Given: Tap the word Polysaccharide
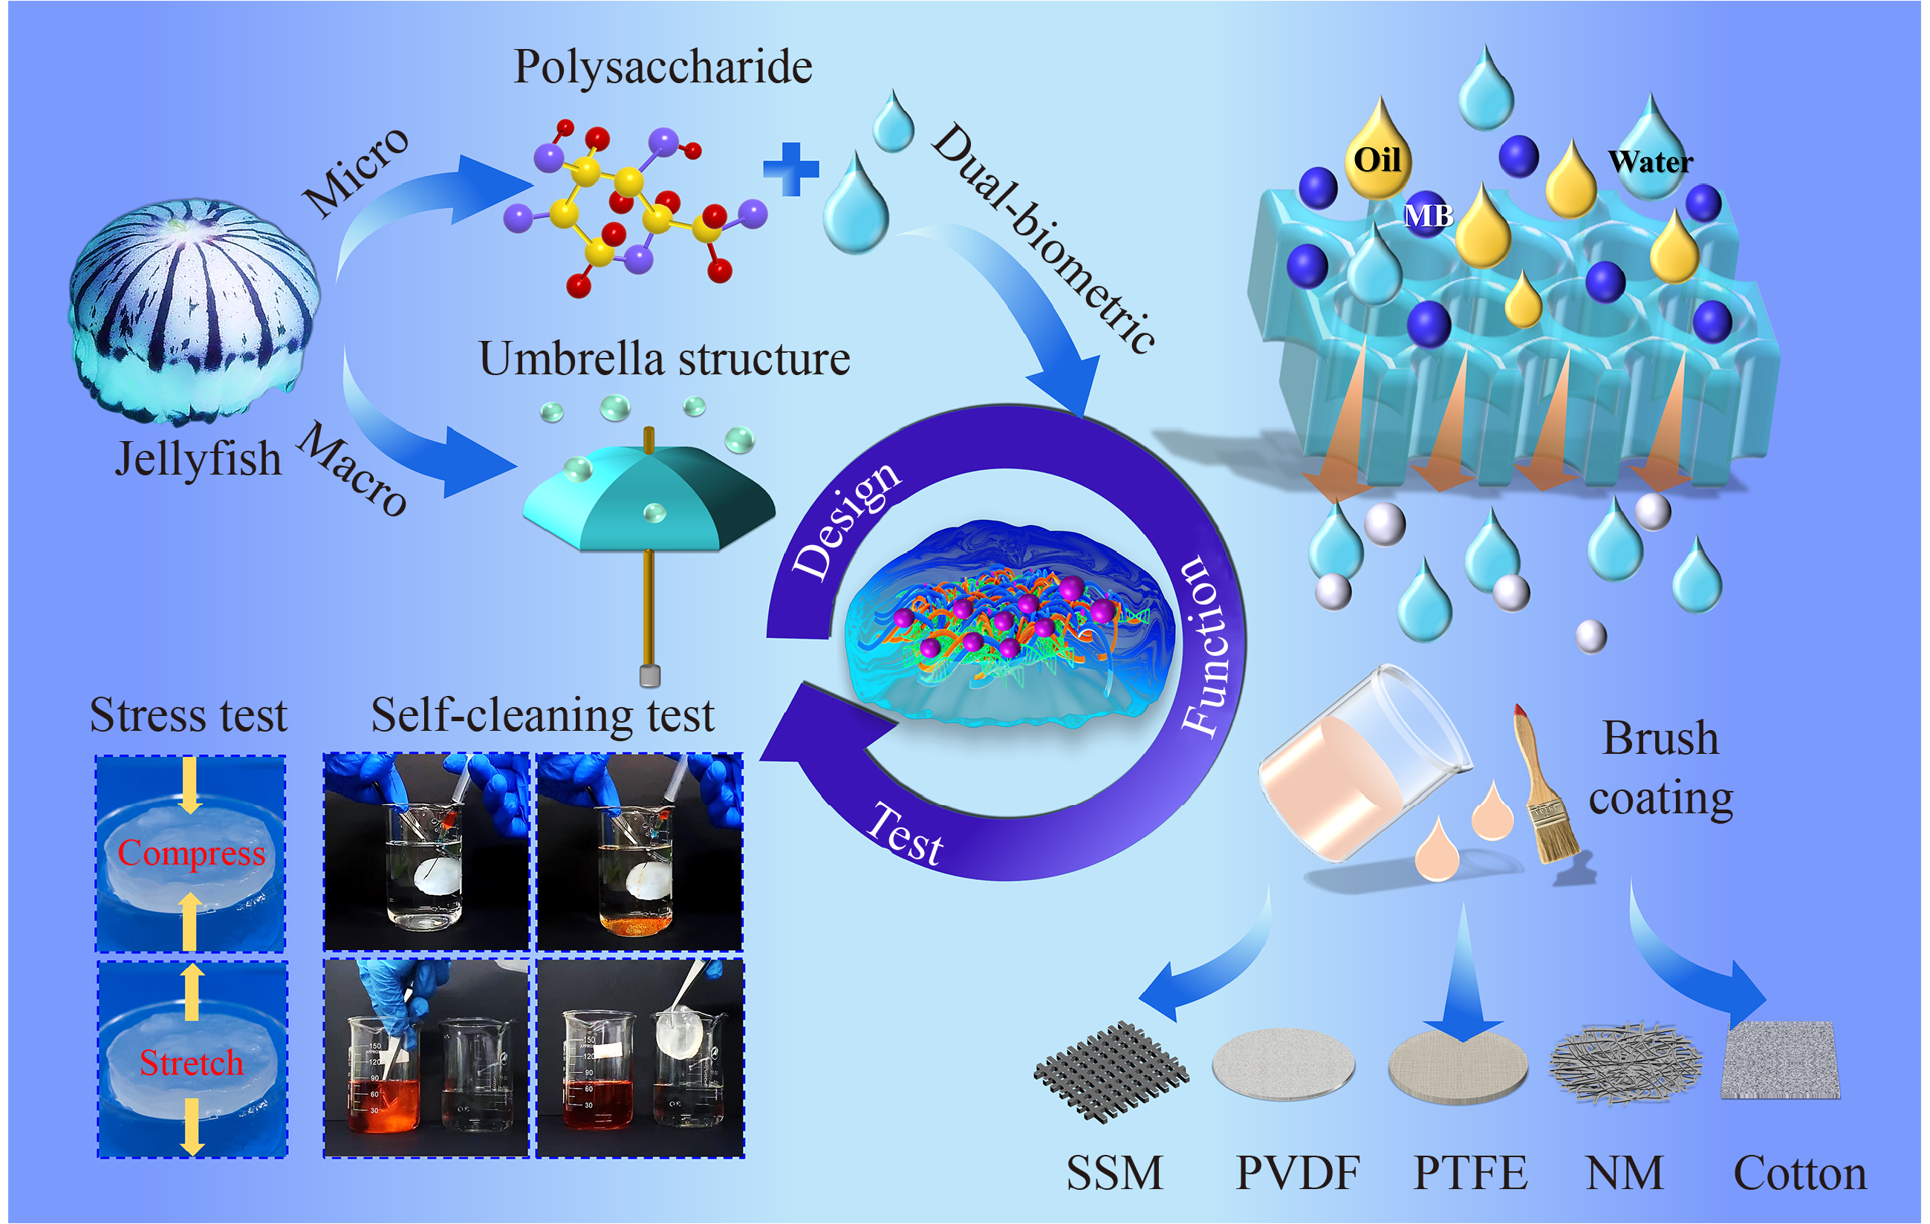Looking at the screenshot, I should (x=662, y=67).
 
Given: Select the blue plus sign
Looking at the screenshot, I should (x=790, y=169).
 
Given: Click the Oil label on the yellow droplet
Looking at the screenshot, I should (x=1377, y=160).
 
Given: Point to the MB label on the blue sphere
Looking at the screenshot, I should (x=1429, y=215).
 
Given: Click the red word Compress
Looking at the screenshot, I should (x=191, y=853).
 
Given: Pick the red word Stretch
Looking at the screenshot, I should (x=191, y=1063).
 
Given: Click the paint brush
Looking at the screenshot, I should (x=1545, y=790).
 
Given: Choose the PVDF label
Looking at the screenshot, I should (x=1297, y=1173).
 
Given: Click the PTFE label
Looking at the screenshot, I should (x=1469, y=1173).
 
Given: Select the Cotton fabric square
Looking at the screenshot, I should (x=1779, y=1060).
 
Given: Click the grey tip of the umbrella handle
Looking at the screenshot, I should (x=650, y=676).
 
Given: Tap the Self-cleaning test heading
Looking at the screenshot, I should (x=542, y=715).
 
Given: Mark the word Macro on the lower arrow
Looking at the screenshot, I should (x=353, y=469).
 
